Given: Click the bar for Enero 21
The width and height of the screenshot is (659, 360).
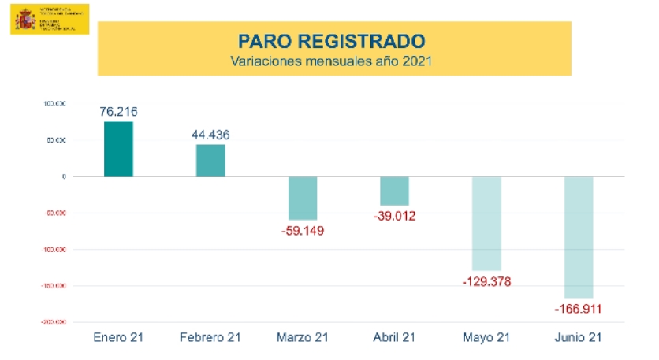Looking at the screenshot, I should point(118,149).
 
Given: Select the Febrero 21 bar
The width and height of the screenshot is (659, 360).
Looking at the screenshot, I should point(210,161).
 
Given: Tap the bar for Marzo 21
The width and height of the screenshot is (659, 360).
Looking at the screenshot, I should point(303,198).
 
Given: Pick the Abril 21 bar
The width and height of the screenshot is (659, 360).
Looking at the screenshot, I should point(394,191).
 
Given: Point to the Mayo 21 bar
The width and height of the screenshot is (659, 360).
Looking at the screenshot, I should point(486,224).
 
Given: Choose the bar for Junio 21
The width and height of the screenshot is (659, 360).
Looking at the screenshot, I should point(579,237).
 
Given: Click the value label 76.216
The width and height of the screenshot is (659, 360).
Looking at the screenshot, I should point(118,112).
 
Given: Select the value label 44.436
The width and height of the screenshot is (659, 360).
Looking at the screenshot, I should point(210,135).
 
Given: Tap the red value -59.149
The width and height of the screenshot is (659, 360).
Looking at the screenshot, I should point(303,231).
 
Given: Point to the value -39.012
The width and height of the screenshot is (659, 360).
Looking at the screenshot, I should point(395,216).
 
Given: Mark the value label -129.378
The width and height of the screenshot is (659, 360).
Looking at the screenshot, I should point(486,281).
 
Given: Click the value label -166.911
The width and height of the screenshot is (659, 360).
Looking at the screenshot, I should point(579,309).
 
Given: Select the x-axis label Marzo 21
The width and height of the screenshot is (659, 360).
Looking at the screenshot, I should point(303,337).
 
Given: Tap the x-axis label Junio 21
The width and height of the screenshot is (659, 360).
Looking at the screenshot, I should point(579,337).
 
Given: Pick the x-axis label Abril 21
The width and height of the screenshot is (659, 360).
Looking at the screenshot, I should point(394,337).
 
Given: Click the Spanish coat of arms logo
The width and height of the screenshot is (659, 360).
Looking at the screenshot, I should point(23,18).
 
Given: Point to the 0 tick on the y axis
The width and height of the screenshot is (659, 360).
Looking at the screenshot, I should point(64,176).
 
